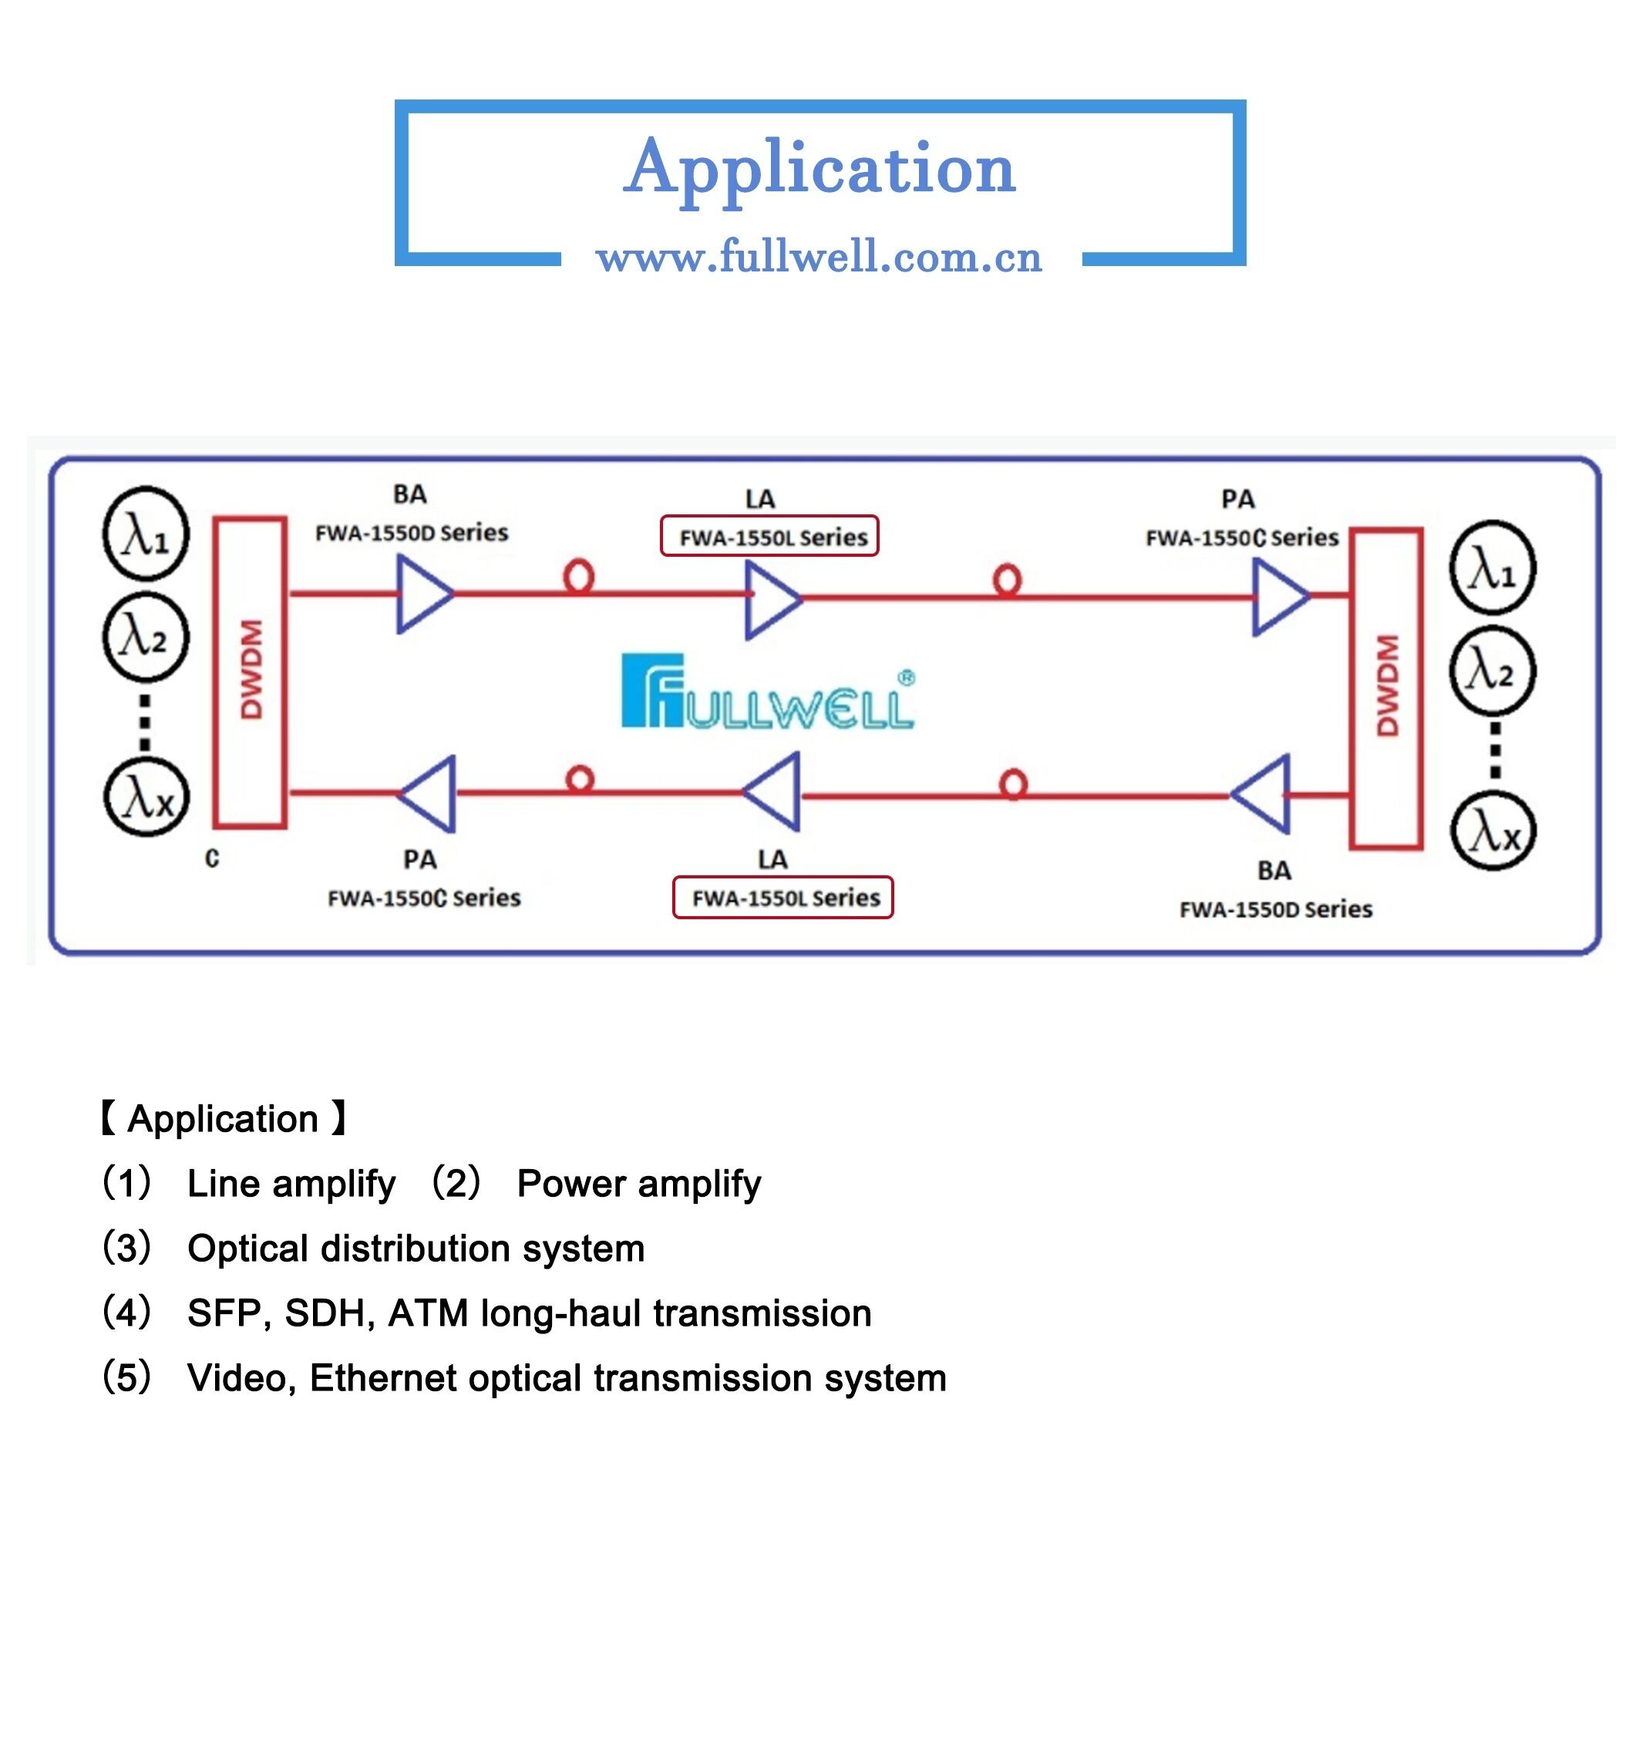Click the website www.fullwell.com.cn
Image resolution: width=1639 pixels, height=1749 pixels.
(819, 257)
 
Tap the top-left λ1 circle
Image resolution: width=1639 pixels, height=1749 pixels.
(146, 533)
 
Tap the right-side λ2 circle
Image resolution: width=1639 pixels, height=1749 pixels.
(1493, 671)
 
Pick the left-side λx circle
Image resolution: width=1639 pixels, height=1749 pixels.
(146, 799)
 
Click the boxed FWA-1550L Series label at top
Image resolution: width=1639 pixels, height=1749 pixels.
(769, 537)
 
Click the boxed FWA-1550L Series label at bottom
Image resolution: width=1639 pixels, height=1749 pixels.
(782, 898)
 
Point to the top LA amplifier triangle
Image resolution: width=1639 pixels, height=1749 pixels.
(770, 599)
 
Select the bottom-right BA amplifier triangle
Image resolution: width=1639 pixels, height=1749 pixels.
(1264, 794)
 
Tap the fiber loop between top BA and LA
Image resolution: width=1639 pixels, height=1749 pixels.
(578, 577)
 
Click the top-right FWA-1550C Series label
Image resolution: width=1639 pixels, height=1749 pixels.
(1240, 538)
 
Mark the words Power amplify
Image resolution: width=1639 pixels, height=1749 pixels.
(638, 1183)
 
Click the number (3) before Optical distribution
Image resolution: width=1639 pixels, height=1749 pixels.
(126, 1248)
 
